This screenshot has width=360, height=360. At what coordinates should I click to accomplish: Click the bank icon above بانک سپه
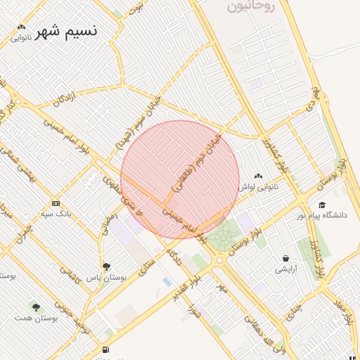(x=56, y=202)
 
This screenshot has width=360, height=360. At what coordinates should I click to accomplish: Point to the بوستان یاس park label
(x=105, y=278)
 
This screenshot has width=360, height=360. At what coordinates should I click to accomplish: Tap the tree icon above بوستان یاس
(x=106, y=266)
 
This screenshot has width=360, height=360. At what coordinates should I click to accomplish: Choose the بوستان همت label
(x=35, y=318)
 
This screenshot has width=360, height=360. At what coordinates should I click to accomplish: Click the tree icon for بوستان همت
(x=36, y=307)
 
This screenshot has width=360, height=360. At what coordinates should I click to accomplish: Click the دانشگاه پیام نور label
(x=321, y=215)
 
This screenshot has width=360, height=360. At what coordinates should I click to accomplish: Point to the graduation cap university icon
(x=322, y=205)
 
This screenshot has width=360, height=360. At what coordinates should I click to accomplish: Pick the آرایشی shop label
(x=286, y=269)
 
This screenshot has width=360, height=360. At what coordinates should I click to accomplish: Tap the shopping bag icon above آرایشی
(x=285, y=258)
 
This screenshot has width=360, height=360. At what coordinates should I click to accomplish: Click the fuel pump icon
(x=105, y=349)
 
